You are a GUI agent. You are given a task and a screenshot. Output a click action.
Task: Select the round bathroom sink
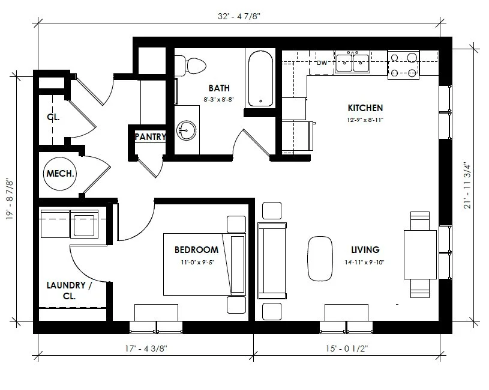pos(187,129)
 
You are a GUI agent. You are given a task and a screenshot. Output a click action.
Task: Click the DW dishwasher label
pos(321,62)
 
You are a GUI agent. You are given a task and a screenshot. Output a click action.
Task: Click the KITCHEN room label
pos(365,108)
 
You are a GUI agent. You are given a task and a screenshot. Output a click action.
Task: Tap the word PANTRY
pos(149,137)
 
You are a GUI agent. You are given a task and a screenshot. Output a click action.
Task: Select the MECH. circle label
pos(60,174)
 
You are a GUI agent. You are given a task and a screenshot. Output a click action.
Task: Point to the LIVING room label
pos(365,249)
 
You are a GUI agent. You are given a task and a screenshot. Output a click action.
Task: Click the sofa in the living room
pos(272,260)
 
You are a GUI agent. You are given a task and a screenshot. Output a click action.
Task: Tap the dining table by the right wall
pos(420,254)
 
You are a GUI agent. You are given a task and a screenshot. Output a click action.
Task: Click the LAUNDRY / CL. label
pos(69,291)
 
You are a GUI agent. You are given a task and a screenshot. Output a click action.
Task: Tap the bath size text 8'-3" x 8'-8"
pos(218,99)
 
